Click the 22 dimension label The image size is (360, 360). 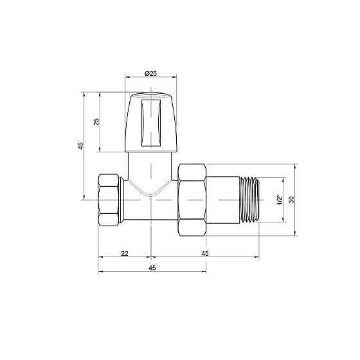[124, 254]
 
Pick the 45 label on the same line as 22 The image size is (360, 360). [204, 254]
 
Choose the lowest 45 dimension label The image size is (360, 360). [152, 267]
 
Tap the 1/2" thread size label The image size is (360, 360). [278, 200]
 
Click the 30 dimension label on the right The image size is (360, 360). [291, 200]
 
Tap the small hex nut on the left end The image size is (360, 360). [111, 200]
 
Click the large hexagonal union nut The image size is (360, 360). [192, 200]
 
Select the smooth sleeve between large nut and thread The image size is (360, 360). [223, 200]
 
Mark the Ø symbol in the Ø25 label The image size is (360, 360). [146, 75]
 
